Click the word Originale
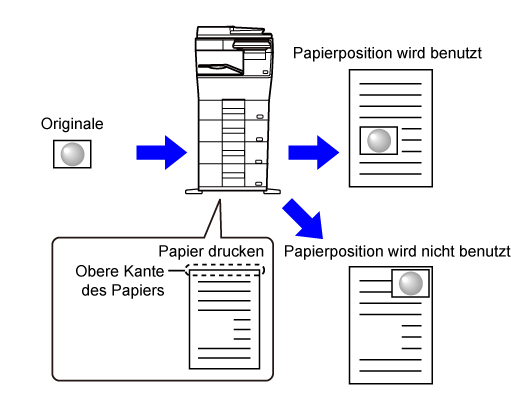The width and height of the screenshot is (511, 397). click(x=72, y=124)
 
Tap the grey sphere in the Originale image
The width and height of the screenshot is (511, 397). click(x=72, y=154)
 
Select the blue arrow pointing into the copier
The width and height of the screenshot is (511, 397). click(x=162, y=153)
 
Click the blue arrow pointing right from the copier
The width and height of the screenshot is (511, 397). click(x=314, y=153)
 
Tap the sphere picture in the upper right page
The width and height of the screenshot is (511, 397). click(x=379, y=141)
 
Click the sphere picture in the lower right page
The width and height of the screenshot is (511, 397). click(x=410, y=283)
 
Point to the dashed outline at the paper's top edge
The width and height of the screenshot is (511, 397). click(x=225, y=265)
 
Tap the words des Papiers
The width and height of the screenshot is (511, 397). click(x=123, y=290)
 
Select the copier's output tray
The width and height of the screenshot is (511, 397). click(x=220, y=68)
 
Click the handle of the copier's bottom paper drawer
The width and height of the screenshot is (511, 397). click(x=259, y=184)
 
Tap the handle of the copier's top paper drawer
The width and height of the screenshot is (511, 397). click(x=260, y=117)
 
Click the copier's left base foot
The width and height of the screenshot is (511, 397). click(x=194, y=192)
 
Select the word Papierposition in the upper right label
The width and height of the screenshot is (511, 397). click(x=342, y=53)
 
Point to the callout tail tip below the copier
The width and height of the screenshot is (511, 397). click(x=220, y=200)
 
